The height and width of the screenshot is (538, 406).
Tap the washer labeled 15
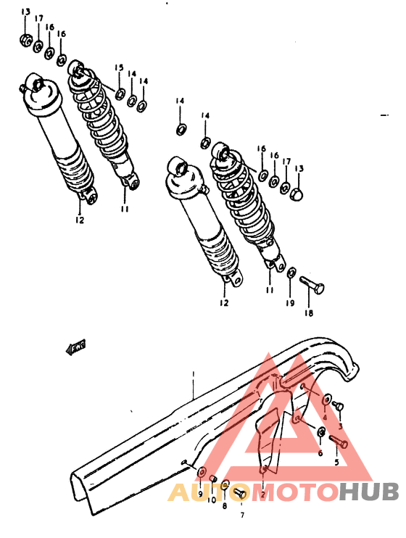(x=119, y=93)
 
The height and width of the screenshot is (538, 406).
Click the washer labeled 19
(x=291, y=273)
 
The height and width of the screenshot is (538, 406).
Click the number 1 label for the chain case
(x=194, y=374)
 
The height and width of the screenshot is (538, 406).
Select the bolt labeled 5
(x=339, y=441)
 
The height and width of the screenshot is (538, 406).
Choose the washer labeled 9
(x=201, y=473)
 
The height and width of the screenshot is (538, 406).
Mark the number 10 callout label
(x=211, y=500)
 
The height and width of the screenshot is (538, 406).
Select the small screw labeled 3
(x=338, y=407)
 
